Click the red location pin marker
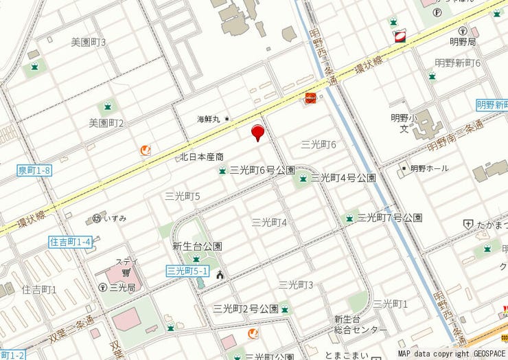tap(257, 132)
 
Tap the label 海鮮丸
tap(209, 119)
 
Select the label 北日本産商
tap(202, 157)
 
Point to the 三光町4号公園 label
tap(343, 178)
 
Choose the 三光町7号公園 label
tap(389, 218)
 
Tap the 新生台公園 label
tap(197, 246)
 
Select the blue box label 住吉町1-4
tap(71, 242)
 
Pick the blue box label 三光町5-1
tap(187, 271)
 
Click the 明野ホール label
tap(429, 168)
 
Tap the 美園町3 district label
tap(89, 43)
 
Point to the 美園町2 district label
tap(106, 124)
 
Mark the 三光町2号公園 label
tap(245, 308)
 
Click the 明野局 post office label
tap(462, 43)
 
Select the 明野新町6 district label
tap(458, 63)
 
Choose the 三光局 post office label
tap(121, 287)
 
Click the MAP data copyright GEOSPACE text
tap(451, 353)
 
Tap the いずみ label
tap(115, 218)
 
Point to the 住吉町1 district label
tap(39, 290)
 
